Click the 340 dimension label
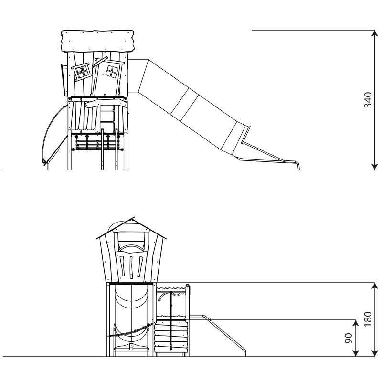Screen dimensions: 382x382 tap(368, 100)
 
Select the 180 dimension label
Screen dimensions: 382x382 tap(368, 319)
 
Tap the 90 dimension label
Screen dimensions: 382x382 tap(349, 338)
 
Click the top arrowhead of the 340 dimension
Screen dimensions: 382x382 tap(374, 33)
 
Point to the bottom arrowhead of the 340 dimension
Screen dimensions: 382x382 tap(374, 167)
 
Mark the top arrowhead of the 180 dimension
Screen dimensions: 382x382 tap(374, 286)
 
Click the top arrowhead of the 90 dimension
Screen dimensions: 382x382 tap(356, 323)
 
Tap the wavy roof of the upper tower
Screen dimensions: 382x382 tap(97, 41)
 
